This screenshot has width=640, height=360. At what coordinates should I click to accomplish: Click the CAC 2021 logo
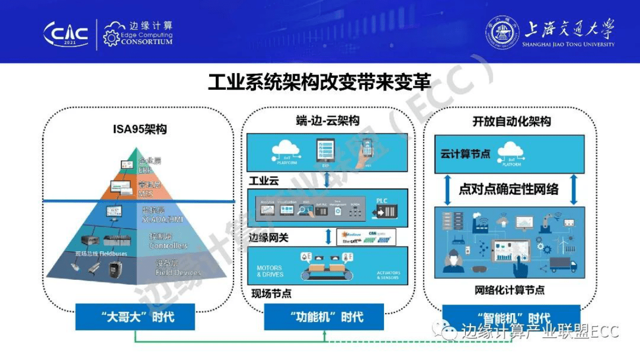[66, 34]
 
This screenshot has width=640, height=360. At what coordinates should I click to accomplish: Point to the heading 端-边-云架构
[328, 120]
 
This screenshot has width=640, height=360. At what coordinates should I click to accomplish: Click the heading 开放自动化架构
[511, 122]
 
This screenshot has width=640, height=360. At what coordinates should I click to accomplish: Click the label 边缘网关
[268, 237]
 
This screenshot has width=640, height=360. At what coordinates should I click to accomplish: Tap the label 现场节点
[272, 294]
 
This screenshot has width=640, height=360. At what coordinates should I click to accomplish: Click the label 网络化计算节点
[509, 291]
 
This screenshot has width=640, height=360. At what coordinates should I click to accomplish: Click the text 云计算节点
[465, 154]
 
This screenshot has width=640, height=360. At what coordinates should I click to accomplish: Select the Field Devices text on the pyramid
[178, 272]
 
